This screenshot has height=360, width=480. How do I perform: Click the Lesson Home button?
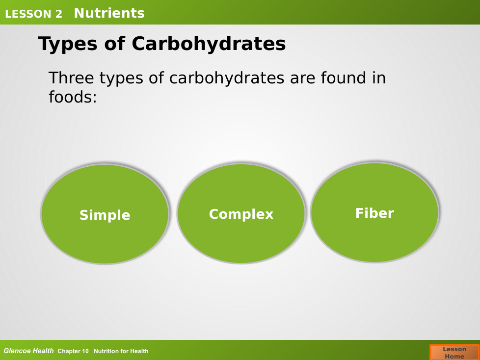click(454, 352)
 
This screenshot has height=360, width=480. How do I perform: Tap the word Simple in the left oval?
click(105, 215)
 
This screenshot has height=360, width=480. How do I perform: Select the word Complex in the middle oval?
click(241, 214)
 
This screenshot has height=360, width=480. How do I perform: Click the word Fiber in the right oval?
click(374, 213)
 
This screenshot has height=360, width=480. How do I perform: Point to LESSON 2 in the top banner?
click(34, 14)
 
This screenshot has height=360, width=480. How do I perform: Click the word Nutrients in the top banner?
click(109, 13)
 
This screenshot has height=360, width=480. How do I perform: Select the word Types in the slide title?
click(68, 44)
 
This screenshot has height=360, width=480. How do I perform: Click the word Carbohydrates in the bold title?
click(209, 44)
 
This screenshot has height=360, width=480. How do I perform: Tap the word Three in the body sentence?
click(71, 77)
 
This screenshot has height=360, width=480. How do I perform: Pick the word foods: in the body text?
click(73, 97)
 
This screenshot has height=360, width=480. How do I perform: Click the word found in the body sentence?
click(344, 77)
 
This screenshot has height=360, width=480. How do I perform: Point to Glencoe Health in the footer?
click(28, 351)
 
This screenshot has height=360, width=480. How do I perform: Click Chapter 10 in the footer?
click(73, 351)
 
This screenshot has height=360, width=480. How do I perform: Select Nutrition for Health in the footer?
click(121, 351)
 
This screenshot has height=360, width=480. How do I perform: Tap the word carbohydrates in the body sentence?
click(227, 78)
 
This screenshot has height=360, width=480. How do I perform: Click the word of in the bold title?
click(114, 44)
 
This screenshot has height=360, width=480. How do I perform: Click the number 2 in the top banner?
click(59, 14)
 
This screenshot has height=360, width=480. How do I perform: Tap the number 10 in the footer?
click(85, 351)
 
